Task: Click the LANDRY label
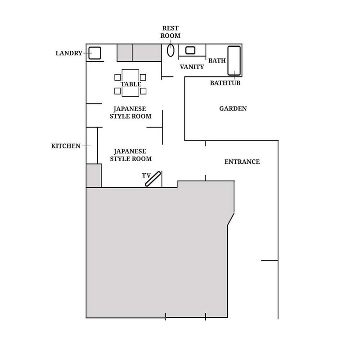[x=69, y=53]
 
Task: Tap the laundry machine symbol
[x=94, y=53]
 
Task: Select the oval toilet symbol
[x=171, y=50]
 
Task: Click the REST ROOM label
[x=171, y=32]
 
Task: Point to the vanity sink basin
[x=190, y=50]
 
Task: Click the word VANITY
[x=192, y=67]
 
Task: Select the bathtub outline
[x=234, y=61]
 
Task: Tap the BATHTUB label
[x=225, y=83]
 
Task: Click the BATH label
[x=217, y=61]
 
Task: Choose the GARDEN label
[x=233, y=108]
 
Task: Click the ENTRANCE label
[x=242, y=162]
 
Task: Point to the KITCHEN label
[x=66, y=146]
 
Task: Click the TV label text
[x=146, y=175]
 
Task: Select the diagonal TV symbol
[x=153, y=179]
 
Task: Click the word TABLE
[x=131, y=84]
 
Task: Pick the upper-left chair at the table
[x=117, y=77]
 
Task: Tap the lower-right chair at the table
[x=143, y=91]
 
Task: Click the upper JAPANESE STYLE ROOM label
[x=130, y=112]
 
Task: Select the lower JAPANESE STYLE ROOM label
[x=130, y=155]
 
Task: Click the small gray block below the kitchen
[x=94, y=175]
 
